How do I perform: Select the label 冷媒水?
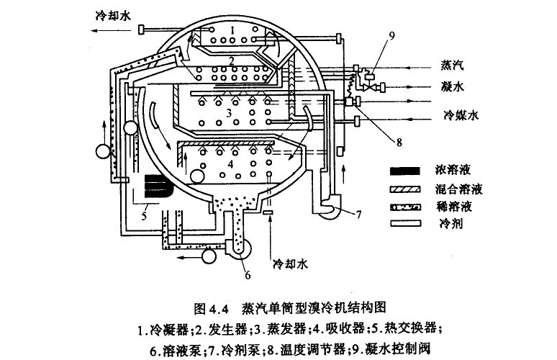point(456,114)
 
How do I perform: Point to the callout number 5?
point(144,214)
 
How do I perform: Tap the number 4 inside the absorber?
point(230,165)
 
